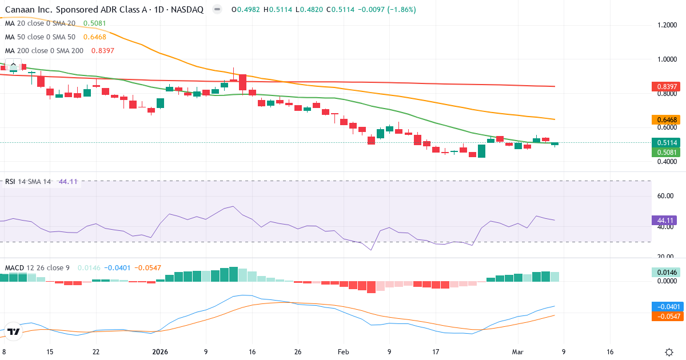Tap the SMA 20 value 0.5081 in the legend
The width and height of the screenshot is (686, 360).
pos(94,23)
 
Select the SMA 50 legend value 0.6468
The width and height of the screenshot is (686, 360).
pos(94,37)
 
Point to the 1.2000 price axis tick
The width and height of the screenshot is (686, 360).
pos(667,25)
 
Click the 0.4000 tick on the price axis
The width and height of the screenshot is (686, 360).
pos(667,162)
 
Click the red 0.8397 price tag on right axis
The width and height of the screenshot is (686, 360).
pos(667,86)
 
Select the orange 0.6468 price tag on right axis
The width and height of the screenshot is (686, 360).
pos(667,120)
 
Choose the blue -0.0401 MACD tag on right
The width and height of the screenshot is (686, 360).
pos(667,306)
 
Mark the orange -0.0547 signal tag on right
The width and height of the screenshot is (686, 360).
pos(667,316)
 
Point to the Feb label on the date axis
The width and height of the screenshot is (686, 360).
pos(343,352)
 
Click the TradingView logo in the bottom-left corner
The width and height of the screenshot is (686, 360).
pos(14,331)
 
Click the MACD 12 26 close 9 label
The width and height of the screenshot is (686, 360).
pos(38,267)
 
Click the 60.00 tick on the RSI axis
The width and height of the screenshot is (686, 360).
pos(665,196)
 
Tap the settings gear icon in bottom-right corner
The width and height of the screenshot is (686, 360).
pos(669,352)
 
